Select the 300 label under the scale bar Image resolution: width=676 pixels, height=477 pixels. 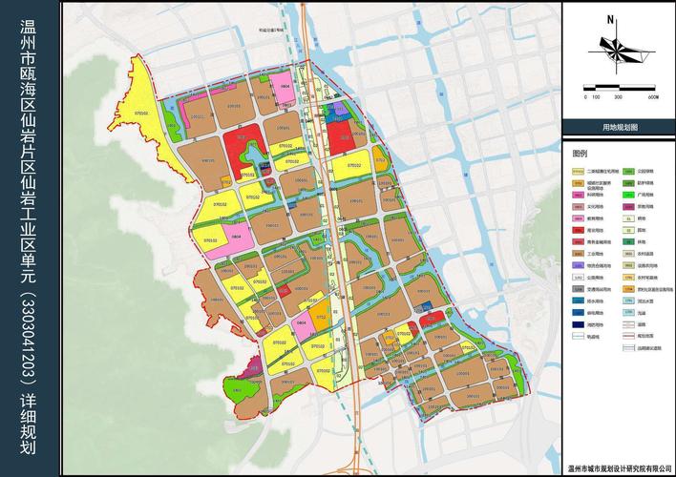tap(618, 97)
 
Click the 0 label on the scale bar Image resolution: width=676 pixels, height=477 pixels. tap(584, 97)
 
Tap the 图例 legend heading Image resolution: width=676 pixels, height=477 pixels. tap(581, 153)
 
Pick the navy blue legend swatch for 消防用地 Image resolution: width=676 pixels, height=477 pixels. tap(578, 323)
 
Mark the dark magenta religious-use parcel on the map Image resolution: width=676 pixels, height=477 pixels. tap(253, 364)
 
